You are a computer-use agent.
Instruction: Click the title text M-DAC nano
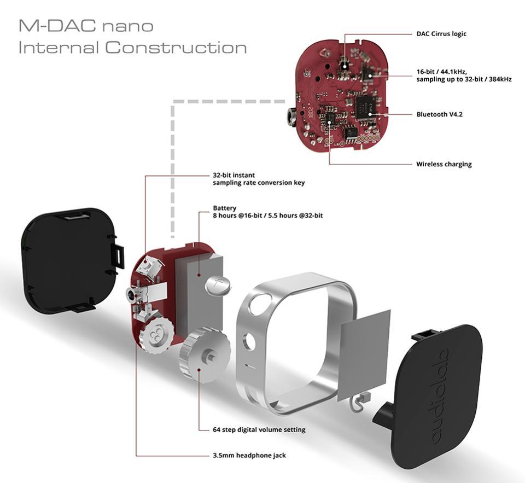coord(86,25)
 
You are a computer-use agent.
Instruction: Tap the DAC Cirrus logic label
coord(441,34)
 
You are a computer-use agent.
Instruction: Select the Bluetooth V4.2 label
coord(439,115)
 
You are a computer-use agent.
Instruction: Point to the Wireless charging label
coord(444,164)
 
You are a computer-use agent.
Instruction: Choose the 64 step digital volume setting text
coord(259,429)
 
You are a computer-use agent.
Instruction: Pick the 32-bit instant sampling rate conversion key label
coord(258,179)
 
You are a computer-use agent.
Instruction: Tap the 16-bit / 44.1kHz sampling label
coord(463,75)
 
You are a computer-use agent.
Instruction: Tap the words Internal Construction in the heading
coord(132,48)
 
